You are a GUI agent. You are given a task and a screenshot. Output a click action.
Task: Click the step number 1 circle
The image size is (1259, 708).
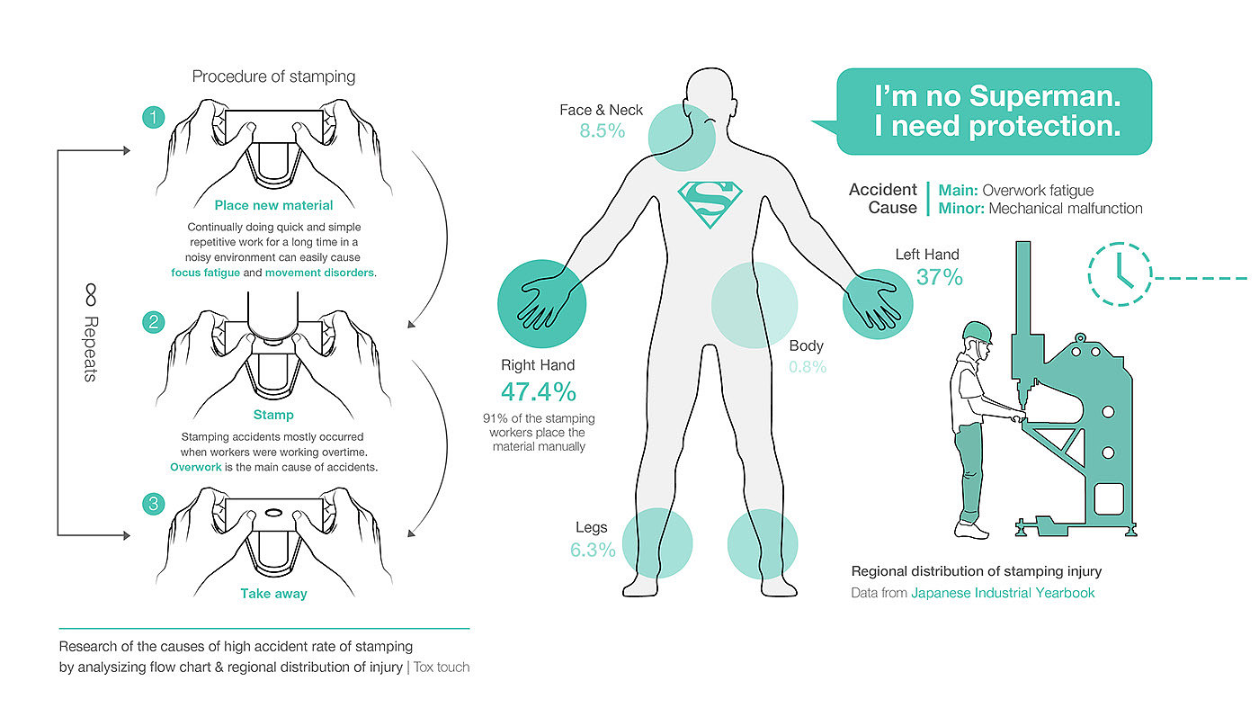(154, 117)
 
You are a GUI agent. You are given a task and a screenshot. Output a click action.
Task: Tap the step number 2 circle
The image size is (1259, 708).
(154, 322)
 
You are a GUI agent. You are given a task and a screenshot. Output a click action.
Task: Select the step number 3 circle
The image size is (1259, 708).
(154, 504)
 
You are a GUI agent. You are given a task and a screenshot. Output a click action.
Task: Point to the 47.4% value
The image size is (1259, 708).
(538, 392)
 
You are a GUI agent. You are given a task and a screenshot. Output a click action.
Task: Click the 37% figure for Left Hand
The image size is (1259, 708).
(940, 278)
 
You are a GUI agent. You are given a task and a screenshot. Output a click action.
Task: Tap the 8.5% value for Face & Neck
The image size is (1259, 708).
(602, 131)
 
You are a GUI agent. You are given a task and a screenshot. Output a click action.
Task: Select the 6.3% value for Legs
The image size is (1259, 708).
(593, 550)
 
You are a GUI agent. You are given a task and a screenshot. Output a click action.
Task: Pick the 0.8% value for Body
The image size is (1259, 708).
(808, 367)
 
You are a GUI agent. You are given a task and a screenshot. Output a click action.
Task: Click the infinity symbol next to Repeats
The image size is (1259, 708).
(90, 294)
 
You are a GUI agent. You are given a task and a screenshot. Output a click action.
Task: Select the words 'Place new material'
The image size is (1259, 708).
(273, 206)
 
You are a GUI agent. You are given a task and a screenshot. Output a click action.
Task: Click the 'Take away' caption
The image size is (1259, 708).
(273, 594)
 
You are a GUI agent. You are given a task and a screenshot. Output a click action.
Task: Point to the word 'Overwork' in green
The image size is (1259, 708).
(195, 468)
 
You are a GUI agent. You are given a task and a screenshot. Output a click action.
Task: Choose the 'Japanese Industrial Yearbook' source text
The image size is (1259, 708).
(1003, 593)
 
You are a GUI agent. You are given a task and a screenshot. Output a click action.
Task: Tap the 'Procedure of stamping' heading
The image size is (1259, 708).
(273, 76)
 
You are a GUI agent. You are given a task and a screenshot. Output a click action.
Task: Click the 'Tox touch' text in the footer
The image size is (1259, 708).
(442, 668)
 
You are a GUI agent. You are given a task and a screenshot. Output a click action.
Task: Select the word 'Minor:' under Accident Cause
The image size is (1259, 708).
(961, 209)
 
